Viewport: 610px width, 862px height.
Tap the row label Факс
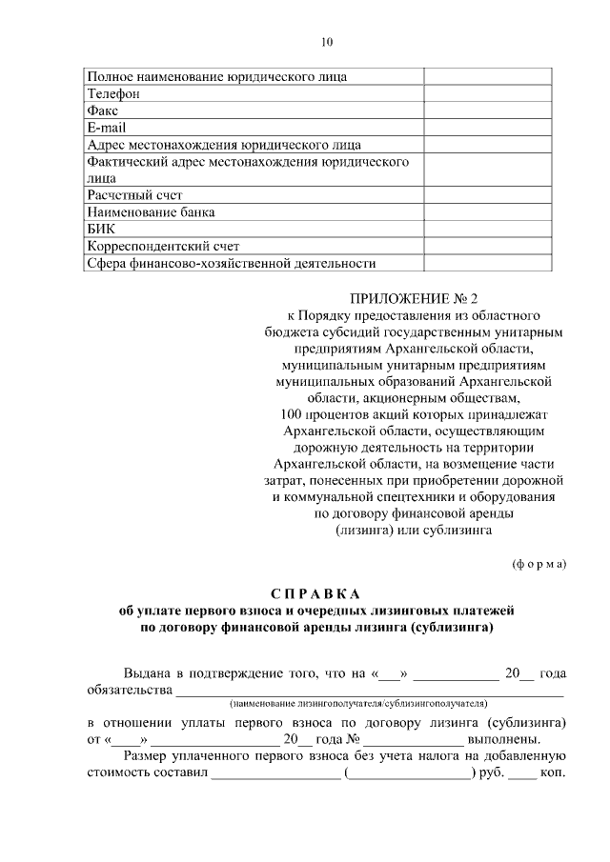pos(102,110)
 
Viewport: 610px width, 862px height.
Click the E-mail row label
pos(106,127)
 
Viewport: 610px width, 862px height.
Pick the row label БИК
pos(101,229)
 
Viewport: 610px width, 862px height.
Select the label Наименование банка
pos(151,211)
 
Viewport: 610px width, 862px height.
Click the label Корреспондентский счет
pos(158,246)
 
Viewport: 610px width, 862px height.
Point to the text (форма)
pos(539,562)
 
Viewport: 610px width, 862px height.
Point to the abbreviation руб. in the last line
pos(491,772)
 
